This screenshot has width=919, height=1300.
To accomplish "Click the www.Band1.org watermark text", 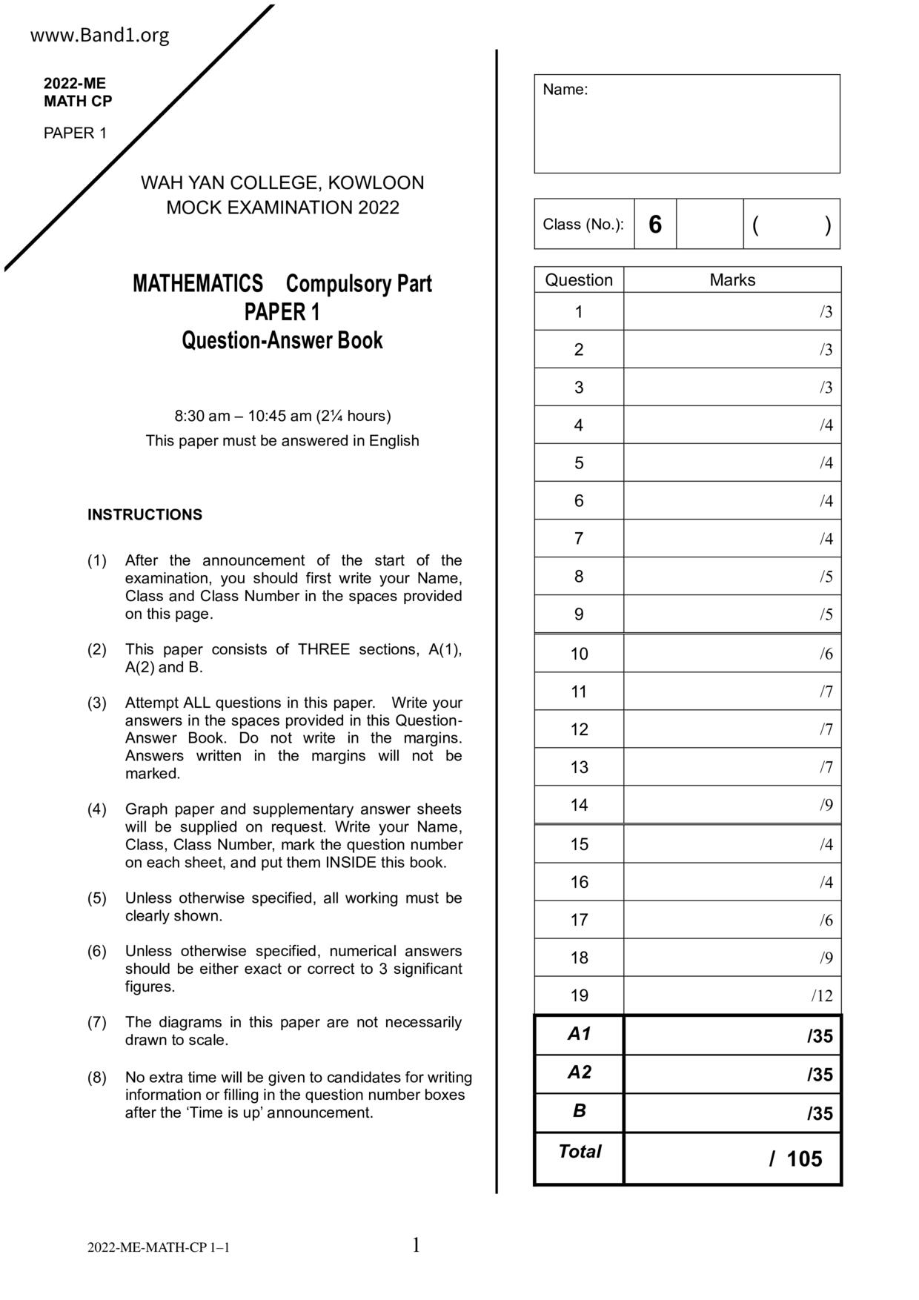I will pyautogui.click(x=99, y=36).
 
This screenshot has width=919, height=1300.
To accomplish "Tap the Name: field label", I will pyautogui.click(x=565, y=90).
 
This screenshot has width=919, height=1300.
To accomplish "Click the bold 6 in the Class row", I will pyautogui.click(x=654, y=225).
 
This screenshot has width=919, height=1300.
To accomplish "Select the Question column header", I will pyautogui.click(x=579, y=280).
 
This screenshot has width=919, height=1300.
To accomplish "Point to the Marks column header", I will pyautogui.click(x=732, y=280).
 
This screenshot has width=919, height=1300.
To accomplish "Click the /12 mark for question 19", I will pyautogui.click(x=822, y=995).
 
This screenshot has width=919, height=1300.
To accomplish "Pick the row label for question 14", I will pyautogui.click(x=579, y=805).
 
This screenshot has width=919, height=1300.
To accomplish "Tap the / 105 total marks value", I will pyautogui.click(x=796, y=1159).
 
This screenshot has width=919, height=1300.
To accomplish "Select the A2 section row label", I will pyautogui.click(x=579, y=1072).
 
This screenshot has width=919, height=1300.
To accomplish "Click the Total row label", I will pyautogui.click(x=579, y=1152).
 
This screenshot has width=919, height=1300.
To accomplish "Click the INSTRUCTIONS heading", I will pyautogui.click(x=145, y=515).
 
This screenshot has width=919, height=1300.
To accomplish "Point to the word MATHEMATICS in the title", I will pyautogui.click(x=198, y=284).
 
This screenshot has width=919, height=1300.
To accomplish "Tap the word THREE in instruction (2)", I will pyautogui.click(x=323, y=650).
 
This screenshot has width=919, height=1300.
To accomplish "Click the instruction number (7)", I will pyautogui.click(x=97, y=1023).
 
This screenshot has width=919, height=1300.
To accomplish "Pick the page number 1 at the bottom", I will pyautogui.click(x=416, y=1245).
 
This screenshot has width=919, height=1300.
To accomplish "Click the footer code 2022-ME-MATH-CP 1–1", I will pyautogui.click(x=159, y=1247).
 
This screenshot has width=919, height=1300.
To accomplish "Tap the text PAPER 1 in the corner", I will pyautogui.click(x=75, y=133).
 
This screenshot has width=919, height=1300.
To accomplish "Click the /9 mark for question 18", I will pyautogui.click(x=826, y=958).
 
